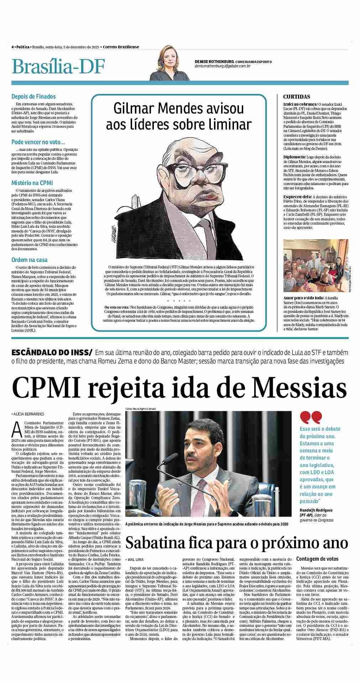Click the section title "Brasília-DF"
(58, 66)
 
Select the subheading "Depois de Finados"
(33, 96)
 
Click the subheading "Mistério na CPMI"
(32, 183)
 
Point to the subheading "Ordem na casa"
(29, 260)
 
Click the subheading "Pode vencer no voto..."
(38, 142)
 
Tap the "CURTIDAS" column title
(296, 97)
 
